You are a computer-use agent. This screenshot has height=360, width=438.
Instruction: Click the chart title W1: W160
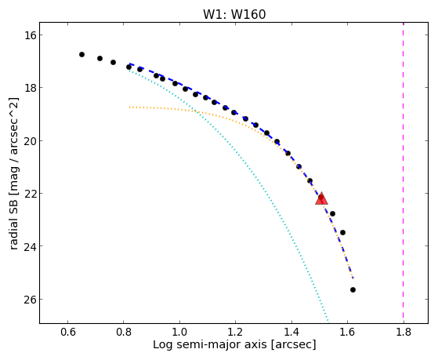pyautogui.click(x=234, y=14)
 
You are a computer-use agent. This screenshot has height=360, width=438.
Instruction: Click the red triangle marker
pyautogui.click(x=321, y=199)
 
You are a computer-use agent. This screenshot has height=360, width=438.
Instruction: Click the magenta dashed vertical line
pyautogui.click(x=403, y=173)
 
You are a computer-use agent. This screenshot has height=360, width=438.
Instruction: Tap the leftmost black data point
pyautogui.click(x=81, y=54)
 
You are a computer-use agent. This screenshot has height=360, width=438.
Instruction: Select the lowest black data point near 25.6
pyautogui.click(x=353, y=289)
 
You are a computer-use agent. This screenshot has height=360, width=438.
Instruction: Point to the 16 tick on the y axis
pyautogui.click(x=31, y=35)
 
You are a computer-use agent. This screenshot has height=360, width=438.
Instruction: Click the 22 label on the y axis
pyautogui.click(x=31, y=193)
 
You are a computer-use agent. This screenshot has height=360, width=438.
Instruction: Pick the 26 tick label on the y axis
pyautogui.click(x=31, y=300)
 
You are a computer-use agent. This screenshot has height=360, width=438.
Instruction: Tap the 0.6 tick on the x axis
pyautogui.click(x=67, y=332)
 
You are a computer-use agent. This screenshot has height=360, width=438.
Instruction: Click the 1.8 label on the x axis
pyautogui.click(x=404, y=332)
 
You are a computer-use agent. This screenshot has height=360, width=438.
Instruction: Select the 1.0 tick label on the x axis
pyautogui.click(x=179, y=332)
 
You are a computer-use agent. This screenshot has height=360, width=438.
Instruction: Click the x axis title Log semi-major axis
pyautogui.click(x=210, y=344)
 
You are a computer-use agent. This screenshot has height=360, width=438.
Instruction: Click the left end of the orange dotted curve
pyautogui.click(x=129, y=107)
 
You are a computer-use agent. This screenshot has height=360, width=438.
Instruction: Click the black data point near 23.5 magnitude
pyautogui.click(x=342, y=232)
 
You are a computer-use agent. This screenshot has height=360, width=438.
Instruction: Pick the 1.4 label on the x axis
pyautogui.click(x=291, y=332)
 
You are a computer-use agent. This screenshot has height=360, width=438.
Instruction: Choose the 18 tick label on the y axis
pyautogui.click(x=31, y=88)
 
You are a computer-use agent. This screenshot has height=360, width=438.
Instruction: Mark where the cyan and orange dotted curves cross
pyautogui.click(x=197, y=112)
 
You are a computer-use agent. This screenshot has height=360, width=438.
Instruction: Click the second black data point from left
pyautogui.click(x=100, y=58)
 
